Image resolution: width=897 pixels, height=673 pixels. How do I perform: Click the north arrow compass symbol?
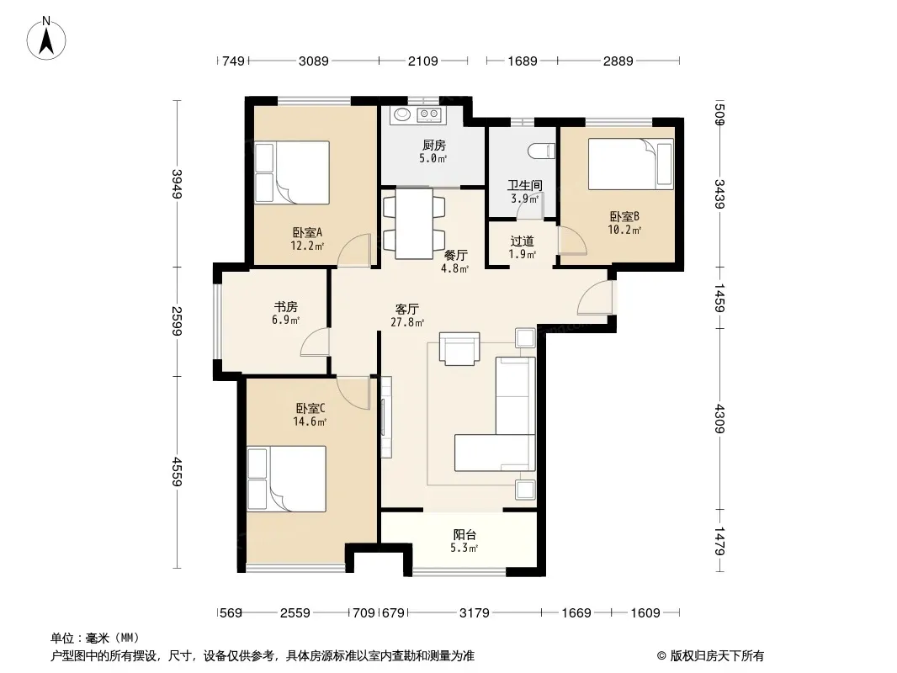tap(45, 39)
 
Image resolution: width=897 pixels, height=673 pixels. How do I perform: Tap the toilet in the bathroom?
tap(541, 151)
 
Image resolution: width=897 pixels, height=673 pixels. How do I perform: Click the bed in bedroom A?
tap(292, 172)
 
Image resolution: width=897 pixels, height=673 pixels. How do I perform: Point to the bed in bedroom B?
tap(631, 164)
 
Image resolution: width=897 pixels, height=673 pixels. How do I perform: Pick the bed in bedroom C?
tap(287, 480)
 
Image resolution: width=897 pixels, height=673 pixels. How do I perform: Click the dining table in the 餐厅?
tap(414, 224)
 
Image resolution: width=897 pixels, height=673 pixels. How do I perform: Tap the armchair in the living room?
tap(459, 348)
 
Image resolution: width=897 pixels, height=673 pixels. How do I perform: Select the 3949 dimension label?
tap(177, 184)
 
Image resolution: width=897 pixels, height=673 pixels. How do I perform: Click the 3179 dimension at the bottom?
tap(475, 613)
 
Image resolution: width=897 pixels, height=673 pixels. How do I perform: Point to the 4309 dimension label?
tap(719, 419)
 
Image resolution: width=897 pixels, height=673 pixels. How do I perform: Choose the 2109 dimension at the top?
tap(422, 61)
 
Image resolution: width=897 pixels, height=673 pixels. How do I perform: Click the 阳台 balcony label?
tap(464, 535)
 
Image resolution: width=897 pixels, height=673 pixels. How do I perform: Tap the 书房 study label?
tap(285, 307)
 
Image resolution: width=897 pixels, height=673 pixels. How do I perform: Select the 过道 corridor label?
tap(522, 241)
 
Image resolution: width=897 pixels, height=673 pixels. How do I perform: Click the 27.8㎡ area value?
tap(407, 322)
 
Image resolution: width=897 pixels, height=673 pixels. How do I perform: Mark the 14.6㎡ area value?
tap(310, 422)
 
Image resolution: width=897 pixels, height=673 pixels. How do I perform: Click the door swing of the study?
tap(315, 342)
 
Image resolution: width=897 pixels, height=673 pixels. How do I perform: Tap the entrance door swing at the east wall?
tap(595, 298)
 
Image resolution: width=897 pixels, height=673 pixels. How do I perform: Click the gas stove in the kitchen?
tap(428, 114)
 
